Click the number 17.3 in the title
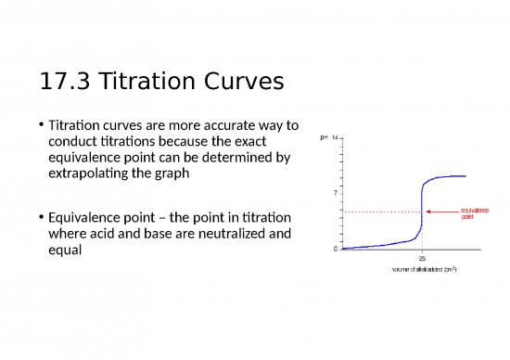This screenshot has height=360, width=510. pos(63,84)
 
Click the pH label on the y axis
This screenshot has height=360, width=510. pos(324,137)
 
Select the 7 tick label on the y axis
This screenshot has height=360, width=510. pos(337,193)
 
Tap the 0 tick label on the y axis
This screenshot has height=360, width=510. pos(337,249)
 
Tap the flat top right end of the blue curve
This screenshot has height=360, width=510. pos(464,176)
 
